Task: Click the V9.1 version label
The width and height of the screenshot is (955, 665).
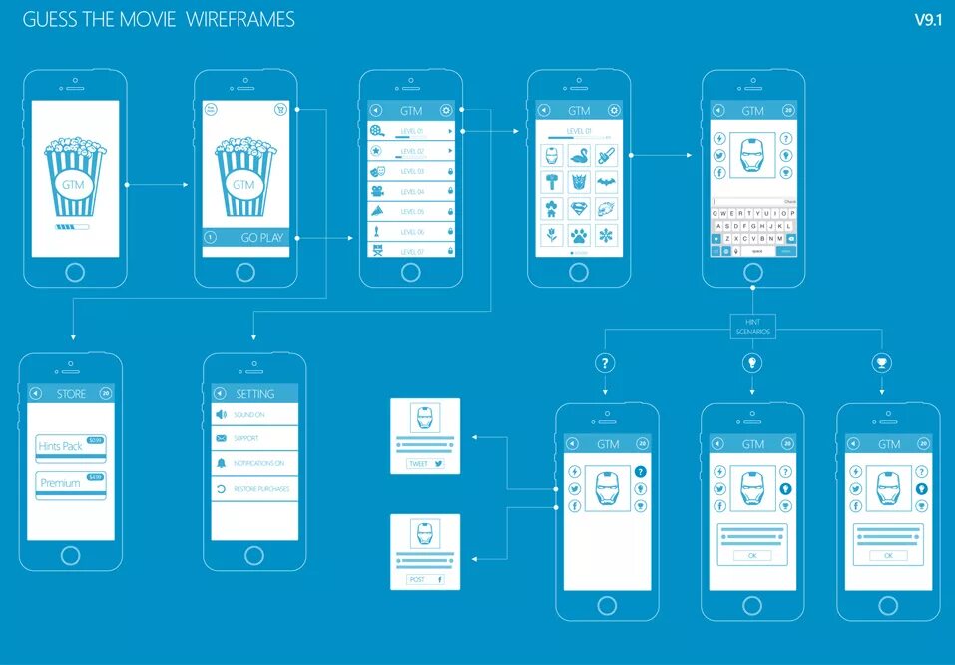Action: point(927,20)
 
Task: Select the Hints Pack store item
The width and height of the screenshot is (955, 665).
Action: point(71,446)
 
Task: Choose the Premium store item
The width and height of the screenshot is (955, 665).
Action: point(71,483)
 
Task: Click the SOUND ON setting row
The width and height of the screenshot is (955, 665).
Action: point(254,413)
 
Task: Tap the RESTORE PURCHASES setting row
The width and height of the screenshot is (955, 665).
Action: point(254,489)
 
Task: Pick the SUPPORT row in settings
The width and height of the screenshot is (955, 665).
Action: point(254,438)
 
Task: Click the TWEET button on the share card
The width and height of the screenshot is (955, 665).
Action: point(424,464)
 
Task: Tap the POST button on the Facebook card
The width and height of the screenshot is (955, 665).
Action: point(424,579)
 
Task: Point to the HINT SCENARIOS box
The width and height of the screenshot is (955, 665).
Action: point(753,327)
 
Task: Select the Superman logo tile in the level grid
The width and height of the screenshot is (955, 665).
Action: point(579,209)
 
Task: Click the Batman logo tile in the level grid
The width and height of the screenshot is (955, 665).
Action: point(606,182)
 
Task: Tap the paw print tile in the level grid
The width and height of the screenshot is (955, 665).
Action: point(579,236)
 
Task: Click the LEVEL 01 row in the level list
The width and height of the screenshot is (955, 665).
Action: point(411,131)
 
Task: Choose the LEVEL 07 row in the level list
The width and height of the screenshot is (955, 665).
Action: point(411,251)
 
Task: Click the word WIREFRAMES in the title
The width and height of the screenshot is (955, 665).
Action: point(240,20)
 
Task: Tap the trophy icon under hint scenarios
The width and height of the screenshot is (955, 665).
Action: point(882,362)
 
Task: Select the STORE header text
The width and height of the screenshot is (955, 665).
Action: point(72,394)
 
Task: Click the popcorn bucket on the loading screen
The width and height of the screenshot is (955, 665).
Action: point(75,177)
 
